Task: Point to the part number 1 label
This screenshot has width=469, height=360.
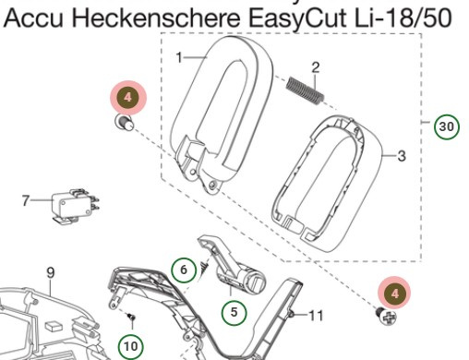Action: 179,57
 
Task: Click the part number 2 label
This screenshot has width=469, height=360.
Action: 315,66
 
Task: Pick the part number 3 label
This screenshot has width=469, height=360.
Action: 402,156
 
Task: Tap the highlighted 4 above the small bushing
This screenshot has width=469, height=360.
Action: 127,96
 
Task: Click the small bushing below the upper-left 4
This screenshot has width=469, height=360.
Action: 120,123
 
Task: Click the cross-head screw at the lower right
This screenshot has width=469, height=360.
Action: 387,317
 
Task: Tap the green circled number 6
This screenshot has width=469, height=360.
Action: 184,270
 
